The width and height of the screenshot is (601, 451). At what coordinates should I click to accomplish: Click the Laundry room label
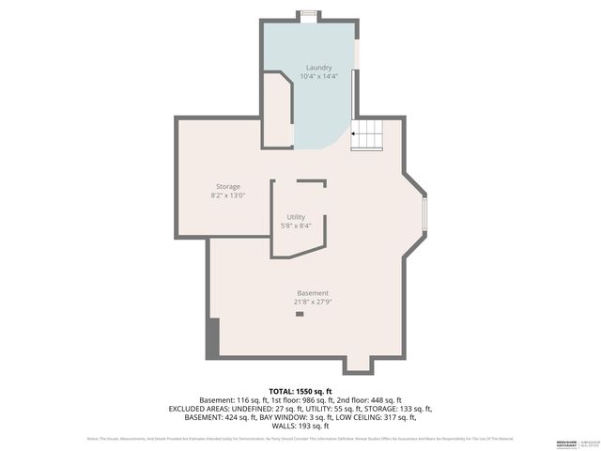(318, 68)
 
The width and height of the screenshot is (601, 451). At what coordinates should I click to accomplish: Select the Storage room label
(228, 187)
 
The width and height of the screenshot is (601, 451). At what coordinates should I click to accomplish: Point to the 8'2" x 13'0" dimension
(228, 195)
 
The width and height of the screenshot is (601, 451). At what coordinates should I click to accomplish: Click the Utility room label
(296, 217)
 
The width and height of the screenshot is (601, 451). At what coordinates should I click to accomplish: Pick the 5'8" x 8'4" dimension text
(296, 225)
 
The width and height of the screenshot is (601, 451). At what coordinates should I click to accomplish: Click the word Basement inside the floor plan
(313, 293)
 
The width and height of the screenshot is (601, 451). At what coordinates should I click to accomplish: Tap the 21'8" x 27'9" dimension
(313, 302)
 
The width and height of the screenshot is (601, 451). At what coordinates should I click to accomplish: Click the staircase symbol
(368, 134)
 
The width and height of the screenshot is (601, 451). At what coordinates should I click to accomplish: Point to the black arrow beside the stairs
(354, 134)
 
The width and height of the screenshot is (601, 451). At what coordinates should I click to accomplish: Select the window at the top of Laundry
(307, 13)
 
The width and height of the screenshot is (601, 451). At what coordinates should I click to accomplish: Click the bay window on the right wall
(424, 215)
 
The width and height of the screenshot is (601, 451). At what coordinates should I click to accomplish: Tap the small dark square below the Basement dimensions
(300, 315)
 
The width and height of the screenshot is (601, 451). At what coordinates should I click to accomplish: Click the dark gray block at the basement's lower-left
(212, 337)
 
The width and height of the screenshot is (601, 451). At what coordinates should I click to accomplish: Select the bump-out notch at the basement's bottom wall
(358, 365)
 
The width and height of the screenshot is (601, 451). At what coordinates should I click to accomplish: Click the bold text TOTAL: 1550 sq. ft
(300, 391)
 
